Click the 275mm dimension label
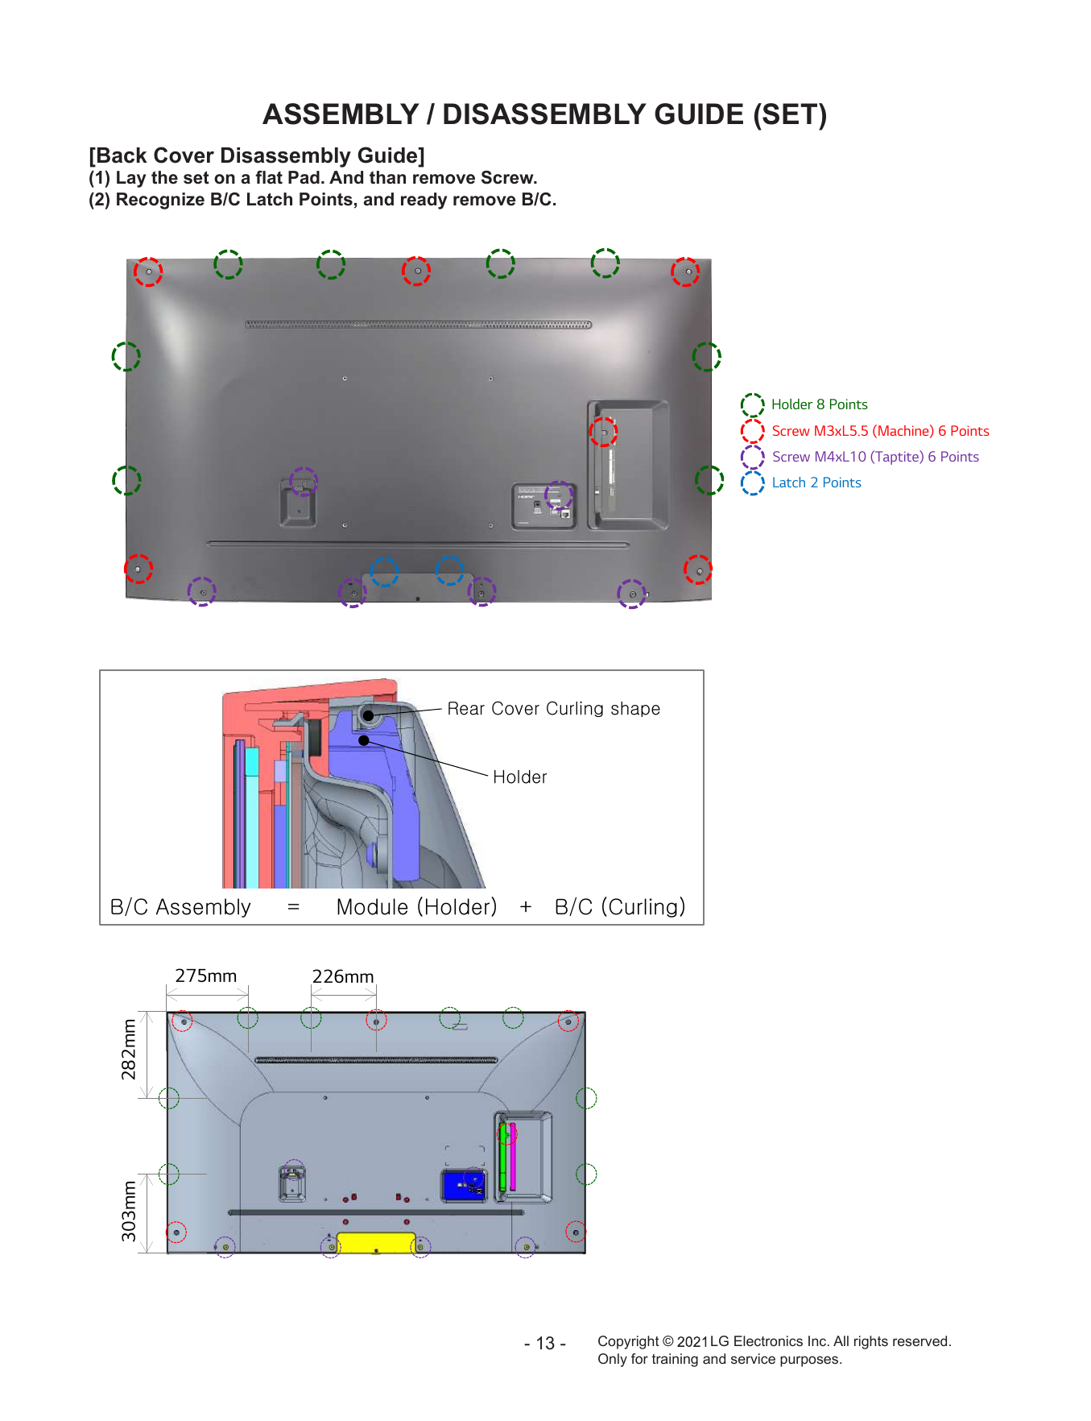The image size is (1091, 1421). pos(206,976)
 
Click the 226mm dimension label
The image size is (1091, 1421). pos(343,976)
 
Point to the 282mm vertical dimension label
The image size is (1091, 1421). pos(129,1049)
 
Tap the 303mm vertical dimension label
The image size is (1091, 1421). pos(129,1212)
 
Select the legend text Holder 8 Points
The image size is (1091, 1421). pos(819,404)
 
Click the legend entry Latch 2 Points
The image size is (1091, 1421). pos(816,483)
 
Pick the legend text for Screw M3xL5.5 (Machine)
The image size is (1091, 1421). pos(880,431)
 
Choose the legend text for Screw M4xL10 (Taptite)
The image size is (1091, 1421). pos(875,457)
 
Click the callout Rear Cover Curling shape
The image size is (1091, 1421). pos(553,709)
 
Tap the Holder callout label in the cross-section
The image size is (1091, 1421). pos(519,777)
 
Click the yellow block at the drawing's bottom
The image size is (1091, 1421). pos(376,1242)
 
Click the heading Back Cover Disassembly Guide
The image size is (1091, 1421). pos(257,155)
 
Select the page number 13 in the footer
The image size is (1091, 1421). pos(545,1344)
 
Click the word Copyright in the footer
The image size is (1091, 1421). pos(628,1341)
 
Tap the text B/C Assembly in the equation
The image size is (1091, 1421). pos(180,907)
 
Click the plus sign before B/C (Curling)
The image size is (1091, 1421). pos(526,907)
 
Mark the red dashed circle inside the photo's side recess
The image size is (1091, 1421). pos(603,432)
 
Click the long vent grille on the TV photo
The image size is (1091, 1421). pos(418,325)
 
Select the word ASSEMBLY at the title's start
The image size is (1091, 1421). pos(341,114)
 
